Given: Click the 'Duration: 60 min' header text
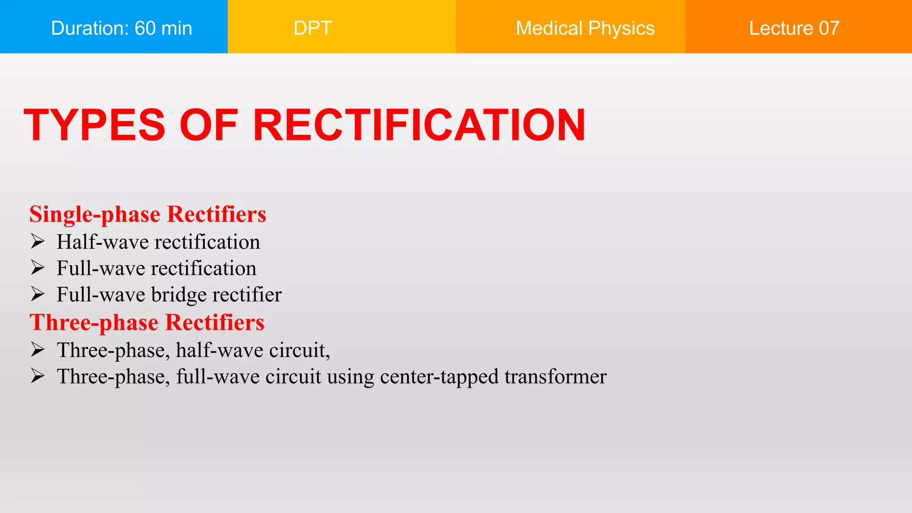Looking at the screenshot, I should (122, 28).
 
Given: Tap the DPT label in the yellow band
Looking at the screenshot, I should (313, 28).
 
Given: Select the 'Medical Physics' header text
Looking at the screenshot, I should (585, 28).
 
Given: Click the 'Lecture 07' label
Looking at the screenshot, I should (794, 28).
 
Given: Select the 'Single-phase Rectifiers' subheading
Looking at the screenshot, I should (147, 214).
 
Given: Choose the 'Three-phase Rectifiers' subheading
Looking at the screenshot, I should (147, 322).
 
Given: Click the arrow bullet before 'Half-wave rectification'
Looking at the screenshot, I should (38, 241).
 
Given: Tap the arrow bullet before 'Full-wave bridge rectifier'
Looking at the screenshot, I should (38, 294).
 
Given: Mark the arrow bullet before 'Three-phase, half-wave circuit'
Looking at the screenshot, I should (38, 350).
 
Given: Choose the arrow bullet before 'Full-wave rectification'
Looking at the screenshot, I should (38, 268).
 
